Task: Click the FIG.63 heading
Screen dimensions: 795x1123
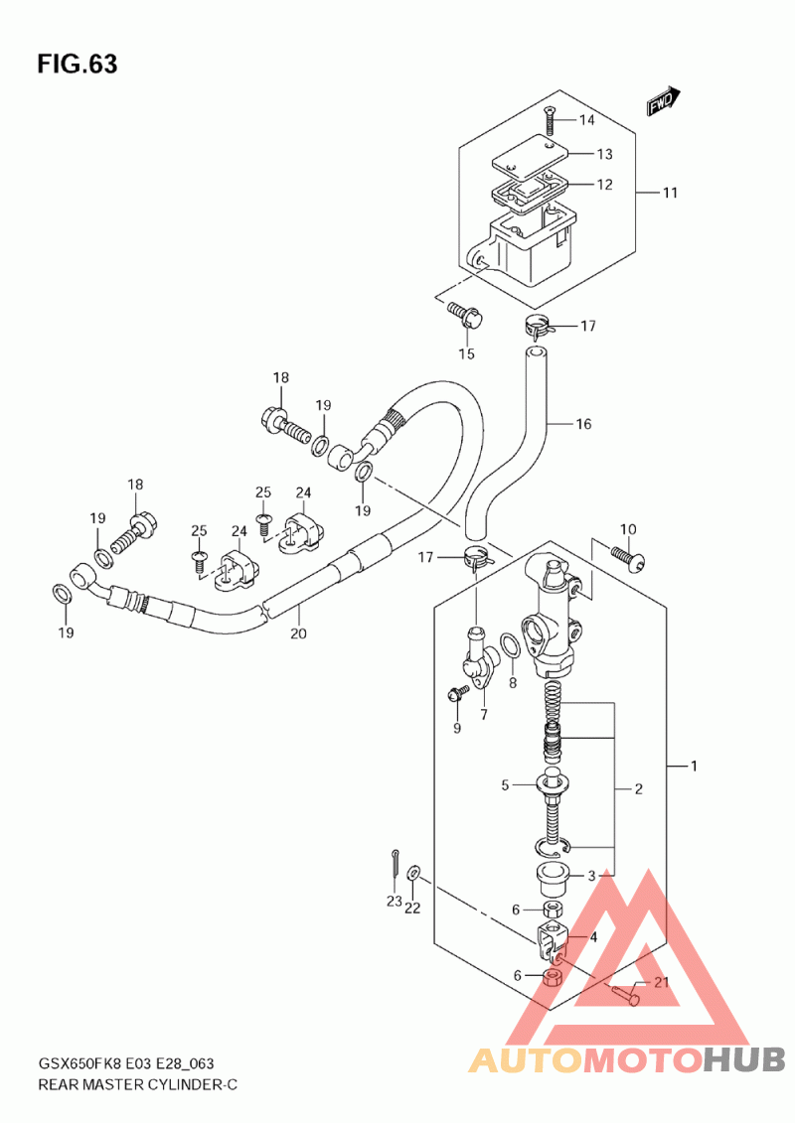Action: tap(78, 65)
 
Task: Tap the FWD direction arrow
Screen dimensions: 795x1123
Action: tap(663, 101)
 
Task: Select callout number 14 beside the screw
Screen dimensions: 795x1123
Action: tap(587, 119)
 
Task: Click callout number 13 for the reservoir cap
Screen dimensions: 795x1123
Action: tap(604, 154)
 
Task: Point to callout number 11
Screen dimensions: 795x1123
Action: tap(670, 193)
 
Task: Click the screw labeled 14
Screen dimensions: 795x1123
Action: tap(549, 119)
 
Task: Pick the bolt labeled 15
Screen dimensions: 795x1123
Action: tap(467, 315)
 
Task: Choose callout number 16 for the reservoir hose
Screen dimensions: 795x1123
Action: tap(583, 424)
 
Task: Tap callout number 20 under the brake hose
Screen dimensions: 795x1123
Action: tap(298, 633)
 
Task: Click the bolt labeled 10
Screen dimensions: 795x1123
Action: tap(627, 556)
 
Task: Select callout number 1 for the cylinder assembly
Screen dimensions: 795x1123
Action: tap(694, 766)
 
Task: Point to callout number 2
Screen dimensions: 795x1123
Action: tap(638, 789)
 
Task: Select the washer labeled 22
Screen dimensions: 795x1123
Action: tap(413, 873)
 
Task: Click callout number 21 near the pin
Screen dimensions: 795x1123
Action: tap(661, 982)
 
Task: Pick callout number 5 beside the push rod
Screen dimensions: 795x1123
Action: tap(505, 785)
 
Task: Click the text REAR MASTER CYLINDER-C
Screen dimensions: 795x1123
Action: tap(137, 1084)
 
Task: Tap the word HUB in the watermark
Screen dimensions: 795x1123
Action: tap(742, 1059)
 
